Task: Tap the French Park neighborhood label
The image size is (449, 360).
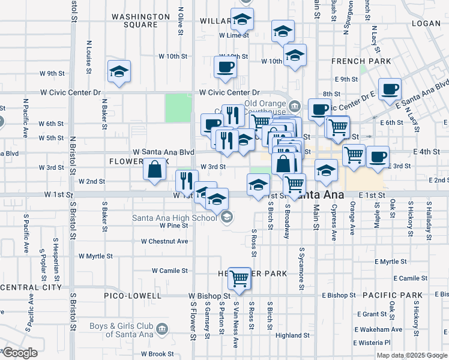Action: click(x=361, y=61)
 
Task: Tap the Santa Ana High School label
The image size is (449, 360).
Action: click(x=174, y=218)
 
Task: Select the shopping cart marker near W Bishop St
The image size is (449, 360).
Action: click(x=240, y=278)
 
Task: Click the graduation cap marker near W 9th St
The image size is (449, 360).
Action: click(x=119, y=71)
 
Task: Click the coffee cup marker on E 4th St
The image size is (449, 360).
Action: click(x=378, y=157)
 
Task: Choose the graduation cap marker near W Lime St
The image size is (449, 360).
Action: click(x=242, y=21)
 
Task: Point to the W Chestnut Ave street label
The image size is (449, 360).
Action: click(x=164, y=241)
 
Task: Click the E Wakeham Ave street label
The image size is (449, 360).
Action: click(x=380, y=329)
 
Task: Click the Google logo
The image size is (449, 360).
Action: click(x=19, y=353)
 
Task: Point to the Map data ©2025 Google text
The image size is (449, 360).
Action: click(x=412, y=355)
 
